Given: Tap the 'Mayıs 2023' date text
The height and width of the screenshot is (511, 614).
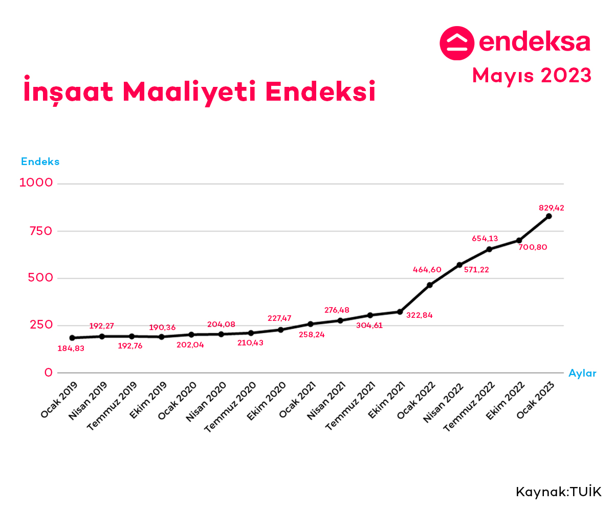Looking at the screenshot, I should tap(532, 75).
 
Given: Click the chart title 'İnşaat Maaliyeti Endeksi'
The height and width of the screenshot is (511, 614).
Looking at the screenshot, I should tap(200, 91).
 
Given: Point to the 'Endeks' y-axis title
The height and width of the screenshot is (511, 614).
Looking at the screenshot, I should tap(40, 161).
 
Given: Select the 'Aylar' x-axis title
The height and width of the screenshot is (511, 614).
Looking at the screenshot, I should tap(582, 373).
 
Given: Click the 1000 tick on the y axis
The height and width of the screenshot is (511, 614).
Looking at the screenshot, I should tap(36, 183).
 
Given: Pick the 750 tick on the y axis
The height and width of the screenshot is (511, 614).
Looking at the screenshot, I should tap(41, 231).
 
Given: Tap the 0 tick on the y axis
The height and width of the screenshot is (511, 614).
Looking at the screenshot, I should tap(49, 373).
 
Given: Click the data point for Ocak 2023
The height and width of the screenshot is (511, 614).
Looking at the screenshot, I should tap(549, 216).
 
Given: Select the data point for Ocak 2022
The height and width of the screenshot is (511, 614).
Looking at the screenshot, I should tap(430, 285).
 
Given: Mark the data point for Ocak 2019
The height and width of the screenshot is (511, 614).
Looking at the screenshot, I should tap(72, 338).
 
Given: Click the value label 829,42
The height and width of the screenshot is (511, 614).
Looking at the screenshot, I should tap(552, 207).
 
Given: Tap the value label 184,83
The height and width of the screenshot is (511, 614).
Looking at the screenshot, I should tap(71, 349).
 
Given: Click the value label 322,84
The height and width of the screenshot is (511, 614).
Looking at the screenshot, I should tap(419, 315).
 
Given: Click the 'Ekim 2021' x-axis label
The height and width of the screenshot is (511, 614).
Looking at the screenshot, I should tap(383, 400).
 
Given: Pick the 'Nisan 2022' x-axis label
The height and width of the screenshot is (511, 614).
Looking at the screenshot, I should tap(443, 402).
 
